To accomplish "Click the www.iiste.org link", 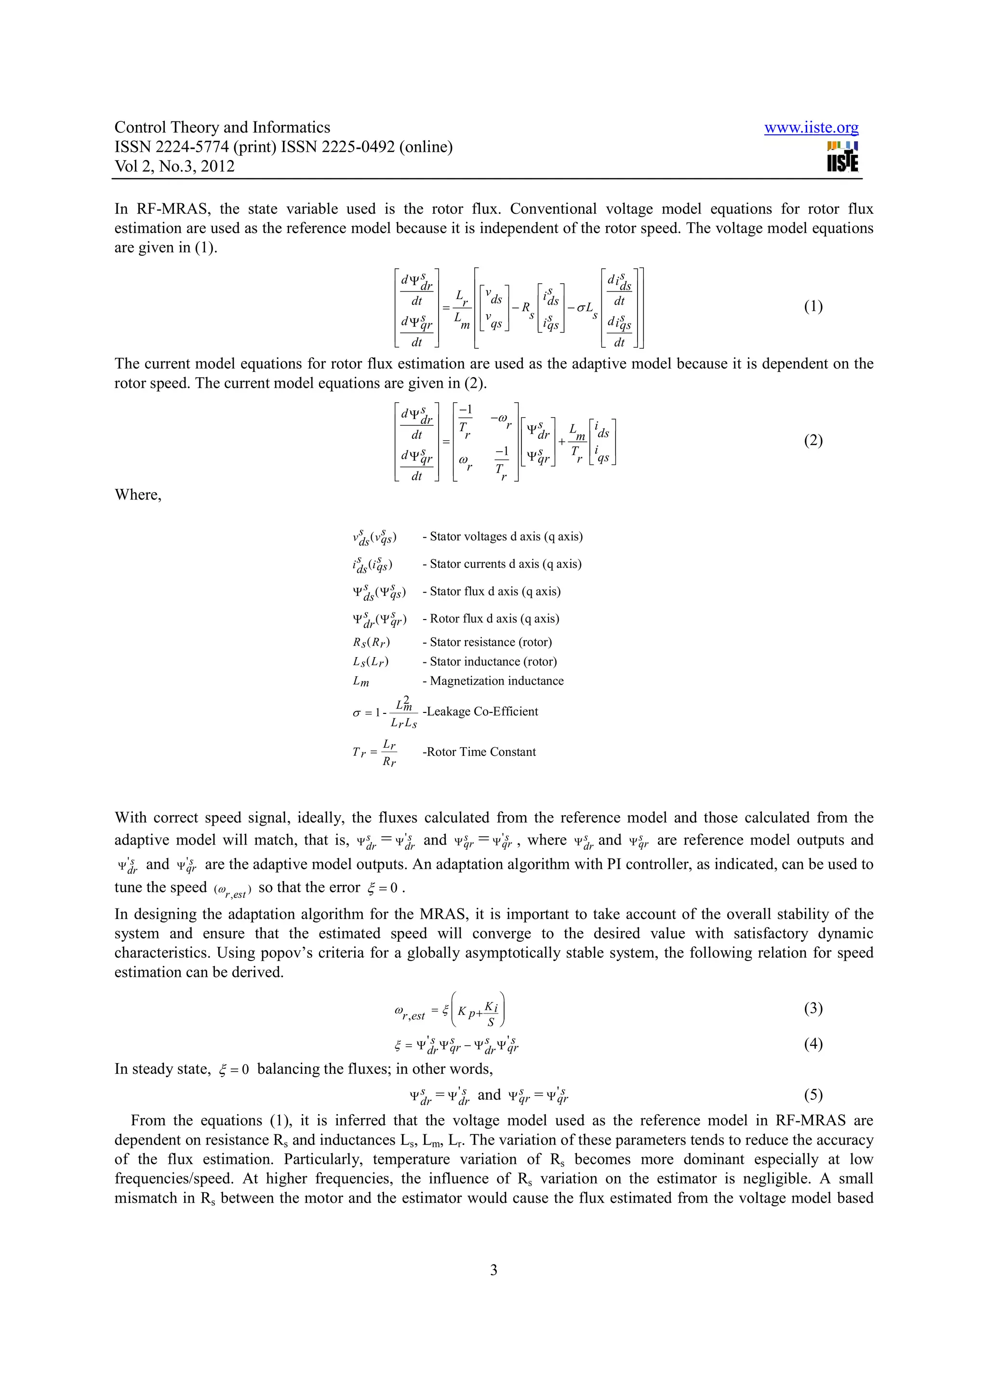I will point(811,128).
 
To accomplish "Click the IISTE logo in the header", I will point(842,157).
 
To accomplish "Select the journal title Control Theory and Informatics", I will point(222,127).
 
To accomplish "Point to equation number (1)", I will point(813,306).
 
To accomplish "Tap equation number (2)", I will point(813,440).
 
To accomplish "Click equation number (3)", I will point(813,1008).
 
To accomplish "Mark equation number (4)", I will point(813,1044).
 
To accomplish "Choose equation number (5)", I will point(813,1095).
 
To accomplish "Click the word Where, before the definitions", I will point(138,495).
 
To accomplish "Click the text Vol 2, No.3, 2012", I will point(174,167).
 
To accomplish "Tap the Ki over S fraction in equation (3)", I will point(492,1014).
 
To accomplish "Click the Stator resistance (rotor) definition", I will point(487,643).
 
